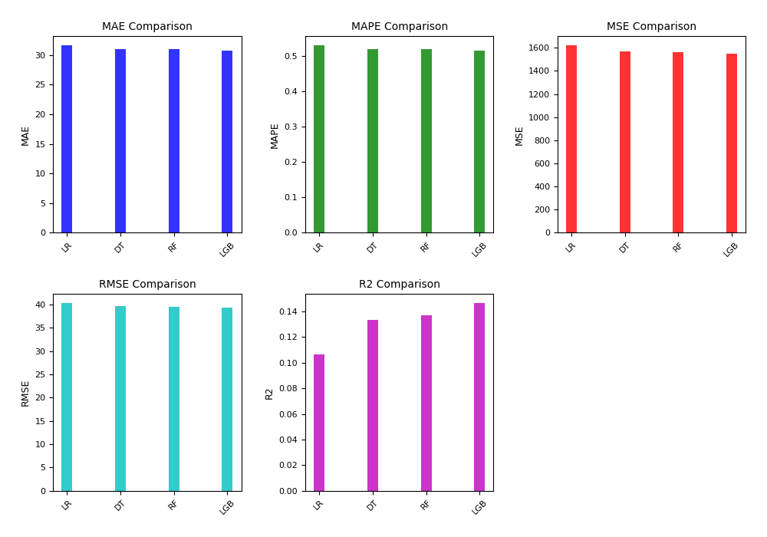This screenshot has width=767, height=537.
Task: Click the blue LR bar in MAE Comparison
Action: pyautogui.click(x=67, y=139)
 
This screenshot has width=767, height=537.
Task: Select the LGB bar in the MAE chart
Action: pyautogui.click(x=227, y=142)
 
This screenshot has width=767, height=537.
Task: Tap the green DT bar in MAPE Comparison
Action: pyautogui.click(x=373, y=141)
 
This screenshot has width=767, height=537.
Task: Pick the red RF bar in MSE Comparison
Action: pyautogui.click(x=678, y=143)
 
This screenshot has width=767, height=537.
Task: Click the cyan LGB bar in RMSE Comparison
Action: pyautogui.click(x=227, y=399)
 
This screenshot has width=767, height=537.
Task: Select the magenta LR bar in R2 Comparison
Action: pyautogui.click(x=319, y=423)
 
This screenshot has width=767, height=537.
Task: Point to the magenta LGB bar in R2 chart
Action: pyautogui.click(x=479, y=397)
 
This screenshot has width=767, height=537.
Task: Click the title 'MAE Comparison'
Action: pyautogui.click(x=147, y=27)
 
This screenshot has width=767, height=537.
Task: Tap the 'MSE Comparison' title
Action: pyautogui.click(x=651, y=27)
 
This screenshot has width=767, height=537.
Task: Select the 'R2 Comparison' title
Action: pyautogui.click(x=400, y=285)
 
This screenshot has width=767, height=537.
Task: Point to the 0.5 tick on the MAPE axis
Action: pyautogui.click(x=291, y=56)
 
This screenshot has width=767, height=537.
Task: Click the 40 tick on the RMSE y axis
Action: pyautogui.click(x=41, y=305)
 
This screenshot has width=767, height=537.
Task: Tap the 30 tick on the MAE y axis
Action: pyautogui.click(x=41, y=55)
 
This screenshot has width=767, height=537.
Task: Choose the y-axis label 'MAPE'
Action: pyautogui.click(x=275, y=135)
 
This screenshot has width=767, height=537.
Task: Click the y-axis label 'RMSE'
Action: pyautogui.click(x=25, y=393)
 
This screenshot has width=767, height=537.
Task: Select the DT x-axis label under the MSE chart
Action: pyautogui.click(x=624, y=247)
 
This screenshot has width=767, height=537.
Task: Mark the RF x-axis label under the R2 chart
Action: pyautogui.click(x=426, y=505)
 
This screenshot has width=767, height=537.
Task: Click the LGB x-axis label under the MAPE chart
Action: pyautogui.click(x=479, y=249)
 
